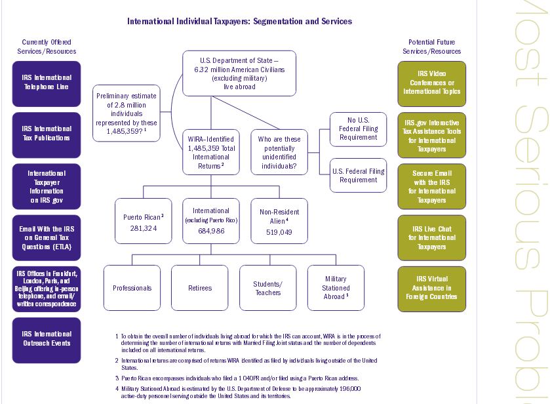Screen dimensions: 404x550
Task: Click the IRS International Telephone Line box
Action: point(47,83)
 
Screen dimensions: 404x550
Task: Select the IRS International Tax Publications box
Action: point(47,134)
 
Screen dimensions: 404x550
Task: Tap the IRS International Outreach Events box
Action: point(47,339)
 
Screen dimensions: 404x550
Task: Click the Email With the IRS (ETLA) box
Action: point(47,237)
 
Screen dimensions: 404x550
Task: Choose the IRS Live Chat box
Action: point(431,237)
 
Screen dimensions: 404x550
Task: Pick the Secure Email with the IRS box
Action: point(431,186)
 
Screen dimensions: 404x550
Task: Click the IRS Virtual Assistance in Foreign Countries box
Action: point(431,289)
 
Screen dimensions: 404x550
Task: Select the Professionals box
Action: point(132,287)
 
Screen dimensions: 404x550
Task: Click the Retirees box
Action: point(200,287)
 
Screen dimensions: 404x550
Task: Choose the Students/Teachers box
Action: point(267,287)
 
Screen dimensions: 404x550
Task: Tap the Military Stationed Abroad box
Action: point(336,287)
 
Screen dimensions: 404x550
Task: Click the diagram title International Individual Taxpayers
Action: point(239,22)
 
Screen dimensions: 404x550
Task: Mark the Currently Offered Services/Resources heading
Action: point(47,47)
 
